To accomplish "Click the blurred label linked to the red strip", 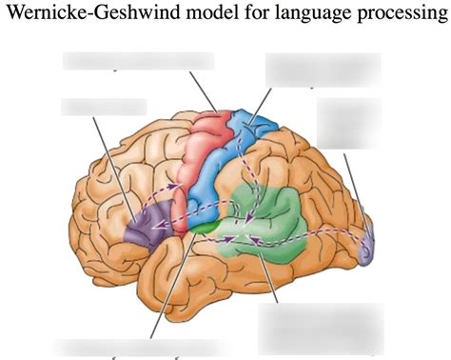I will [x=138, y=61].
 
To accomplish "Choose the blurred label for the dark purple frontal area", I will [x=104, y=106].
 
